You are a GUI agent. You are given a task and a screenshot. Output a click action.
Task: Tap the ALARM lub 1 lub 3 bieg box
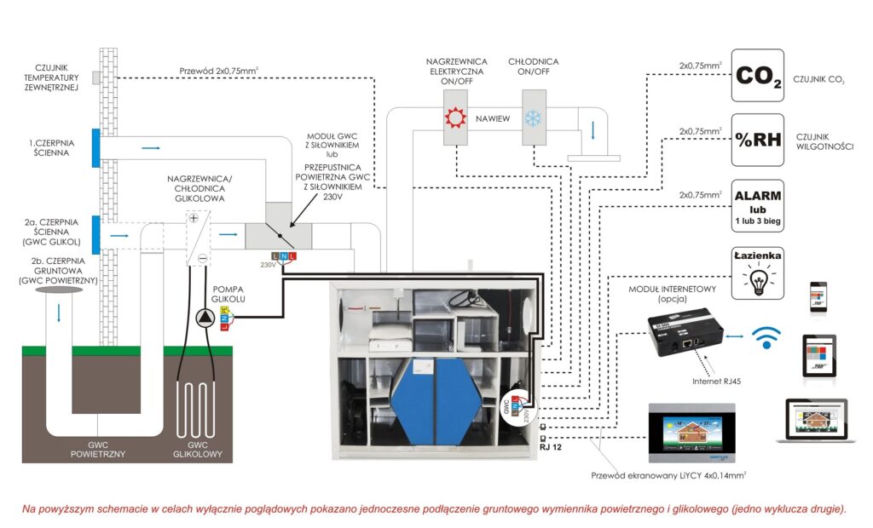click(x=758, y=205)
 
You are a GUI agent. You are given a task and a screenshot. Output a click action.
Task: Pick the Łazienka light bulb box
click(x=758, y=271)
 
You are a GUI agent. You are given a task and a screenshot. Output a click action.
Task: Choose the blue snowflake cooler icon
click(x=535, y=118)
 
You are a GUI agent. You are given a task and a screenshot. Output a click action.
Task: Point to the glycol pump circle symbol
click(x=207, y=318)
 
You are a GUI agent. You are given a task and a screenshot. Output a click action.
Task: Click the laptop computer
click(x=816, y=419)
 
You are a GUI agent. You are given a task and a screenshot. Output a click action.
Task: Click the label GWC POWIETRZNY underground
click(x=98, y=449)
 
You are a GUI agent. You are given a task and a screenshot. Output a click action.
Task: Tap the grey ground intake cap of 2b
click(x=59, y=292)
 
